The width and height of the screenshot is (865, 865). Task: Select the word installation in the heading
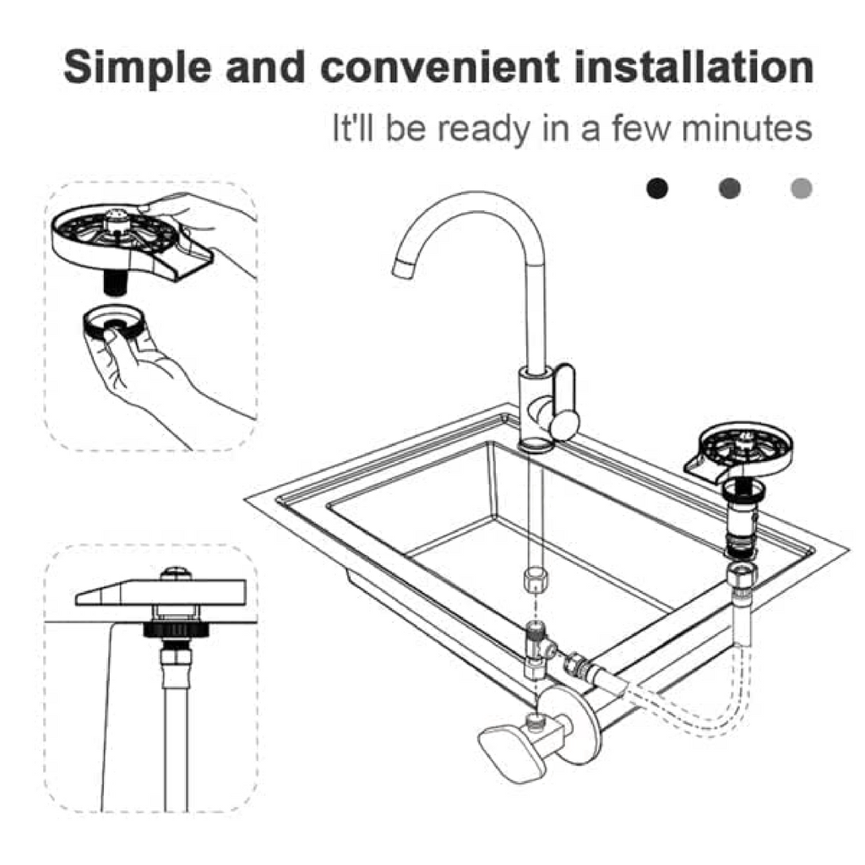click(694, 68)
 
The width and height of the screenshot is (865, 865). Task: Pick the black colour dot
click(657, 188)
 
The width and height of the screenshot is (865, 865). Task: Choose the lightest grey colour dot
click(801, 188)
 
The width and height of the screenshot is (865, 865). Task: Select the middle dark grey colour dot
click(730, 188)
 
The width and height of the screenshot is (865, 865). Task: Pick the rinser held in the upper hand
click(118, 232)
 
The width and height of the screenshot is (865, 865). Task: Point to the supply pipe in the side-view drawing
click(172, 726)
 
